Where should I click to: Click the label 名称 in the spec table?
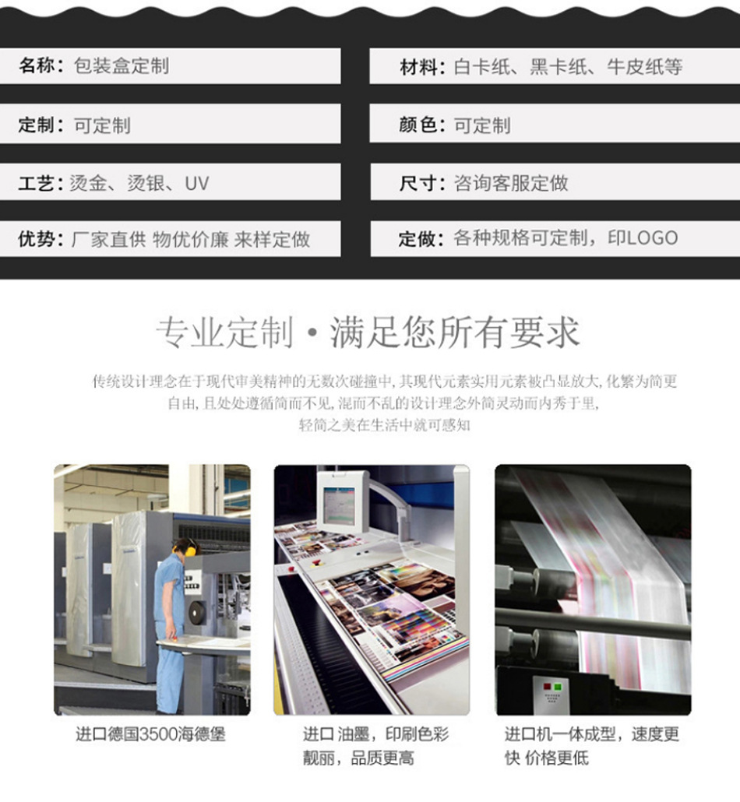click(x=37, y=66)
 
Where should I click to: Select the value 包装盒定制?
click(x=121, y=66)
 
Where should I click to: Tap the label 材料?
click(x=418, y=67)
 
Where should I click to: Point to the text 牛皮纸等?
click(x=644, y=67)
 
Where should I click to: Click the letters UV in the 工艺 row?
click(x=196, y=184)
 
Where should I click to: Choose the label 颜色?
click(x=418, y=125)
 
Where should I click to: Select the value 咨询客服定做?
click(x=511, y=184)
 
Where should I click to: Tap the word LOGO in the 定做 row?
click(x=652, y=238)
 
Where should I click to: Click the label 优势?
click(x=36, y=239)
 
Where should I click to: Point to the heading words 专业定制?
click(x=224, y=333)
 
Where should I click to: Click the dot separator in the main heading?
click(x=312, y=335)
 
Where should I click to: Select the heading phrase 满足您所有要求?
click(x=454, y=333)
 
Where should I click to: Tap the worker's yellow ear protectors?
click(x=190, y=550)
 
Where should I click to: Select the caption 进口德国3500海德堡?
click(x=150, y=734)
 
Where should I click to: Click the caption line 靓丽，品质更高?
click(x=358, y=758)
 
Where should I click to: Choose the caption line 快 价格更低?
click(x=547, y=758)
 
